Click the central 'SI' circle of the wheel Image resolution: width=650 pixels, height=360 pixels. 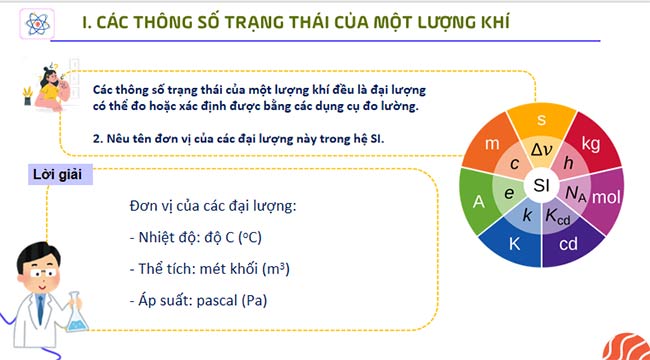tap(541, 186)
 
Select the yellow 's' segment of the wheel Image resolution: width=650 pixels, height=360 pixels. tap(541, 121)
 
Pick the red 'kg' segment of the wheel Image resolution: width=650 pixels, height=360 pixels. tap(590, 144)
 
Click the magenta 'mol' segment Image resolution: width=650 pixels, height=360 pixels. tap(606, 197)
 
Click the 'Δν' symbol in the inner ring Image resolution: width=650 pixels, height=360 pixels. tap(541, 150)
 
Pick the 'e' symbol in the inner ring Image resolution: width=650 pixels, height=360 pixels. tap(509, 193)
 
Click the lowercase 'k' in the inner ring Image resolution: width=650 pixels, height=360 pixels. tap(527, 215)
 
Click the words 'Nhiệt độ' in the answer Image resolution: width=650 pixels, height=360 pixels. tap(163, 238)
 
